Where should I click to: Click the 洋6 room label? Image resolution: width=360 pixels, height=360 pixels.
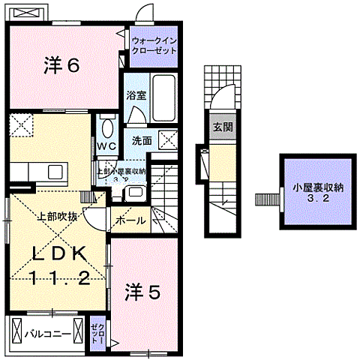pyautogui.click(x=61, y=66)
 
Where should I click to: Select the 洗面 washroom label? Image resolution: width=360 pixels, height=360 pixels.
pyautogui.click(x=142, y=139)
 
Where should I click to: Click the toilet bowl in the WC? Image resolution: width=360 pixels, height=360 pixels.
pyautogui.click(x=105, y=124)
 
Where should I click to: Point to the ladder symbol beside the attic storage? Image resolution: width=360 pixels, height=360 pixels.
pyautogui.click(x=266, y=199)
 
